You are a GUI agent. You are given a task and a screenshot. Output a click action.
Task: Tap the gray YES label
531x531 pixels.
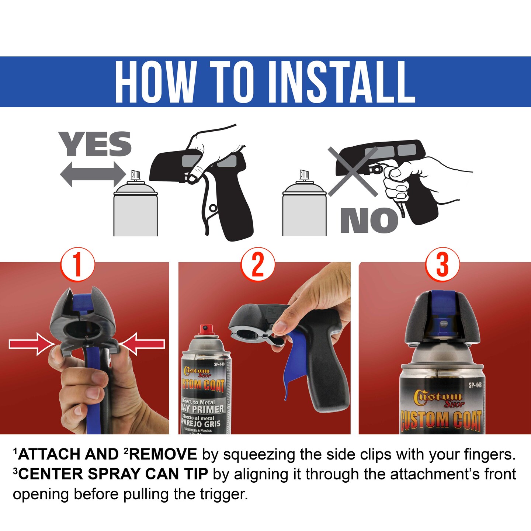tap(95, 144)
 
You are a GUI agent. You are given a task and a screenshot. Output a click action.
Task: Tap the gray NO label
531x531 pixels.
tap(369, 220)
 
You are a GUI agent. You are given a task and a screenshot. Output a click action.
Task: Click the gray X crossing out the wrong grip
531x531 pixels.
tap(353, 171)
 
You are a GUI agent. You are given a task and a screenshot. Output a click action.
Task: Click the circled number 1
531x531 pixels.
tap(77, 264)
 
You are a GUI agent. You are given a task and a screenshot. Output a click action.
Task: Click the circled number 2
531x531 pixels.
tap(258, 264)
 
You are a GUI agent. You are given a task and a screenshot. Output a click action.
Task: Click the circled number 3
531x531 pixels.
tap(442, 264)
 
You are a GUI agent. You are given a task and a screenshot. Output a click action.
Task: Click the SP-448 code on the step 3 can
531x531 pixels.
tap(475, 385)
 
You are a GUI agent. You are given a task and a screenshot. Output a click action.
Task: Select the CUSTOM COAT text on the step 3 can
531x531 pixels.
tap(441, 420)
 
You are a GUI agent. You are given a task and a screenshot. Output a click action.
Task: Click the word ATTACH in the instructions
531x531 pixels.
tap(50, 454)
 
